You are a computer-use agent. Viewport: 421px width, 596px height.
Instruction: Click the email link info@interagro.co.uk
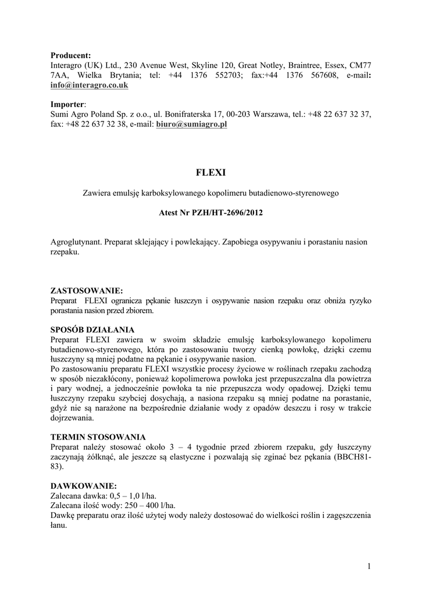pyautogui.click(x=90, y=85)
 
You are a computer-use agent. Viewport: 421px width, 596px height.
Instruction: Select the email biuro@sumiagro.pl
pyautogui.click(x=192, y=125)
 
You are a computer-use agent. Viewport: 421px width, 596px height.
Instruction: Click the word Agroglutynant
pyautogui.click(x=76, y=242)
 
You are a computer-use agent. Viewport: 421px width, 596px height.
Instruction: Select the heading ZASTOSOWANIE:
pyautogui.click(x=87, y=290)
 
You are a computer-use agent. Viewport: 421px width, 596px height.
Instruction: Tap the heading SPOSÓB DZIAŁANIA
pyautogui.click(x=92, y=329)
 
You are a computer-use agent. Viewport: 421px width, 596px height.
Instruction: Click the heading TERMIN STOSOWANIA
pyautogui.click(x=98, y=437)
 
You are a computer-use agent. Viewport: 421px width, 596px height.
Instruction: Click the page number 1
pyautogui.click(x=369, y=566)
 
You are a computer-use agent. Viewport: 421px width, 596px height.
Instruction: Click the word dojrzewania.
pyautogui.click(x=72, y=418)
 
